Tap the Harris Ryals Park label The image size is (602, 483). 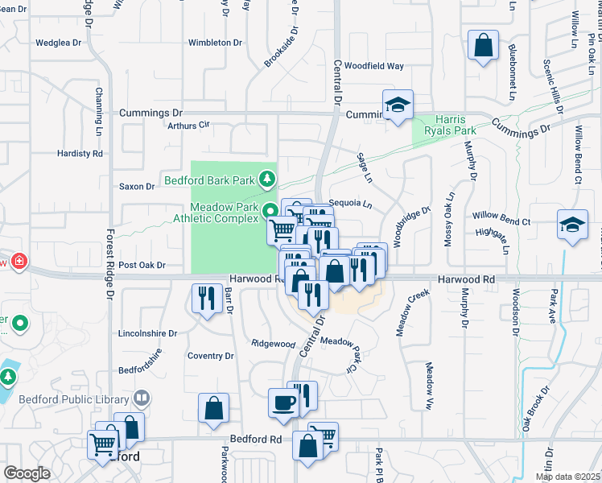click(456, 125)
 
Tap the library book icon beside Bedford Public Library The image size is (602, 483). click(142, 398)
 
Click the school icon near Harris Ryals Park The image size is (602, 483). click(398, 105)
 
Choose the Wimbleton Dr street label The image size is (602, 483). click(215, 43)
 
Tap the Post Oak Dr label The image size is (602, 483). click(142, 265)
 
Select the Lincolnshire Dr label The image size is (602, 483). click(147, 332)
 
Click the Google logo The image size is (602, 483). click(27, 473)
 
